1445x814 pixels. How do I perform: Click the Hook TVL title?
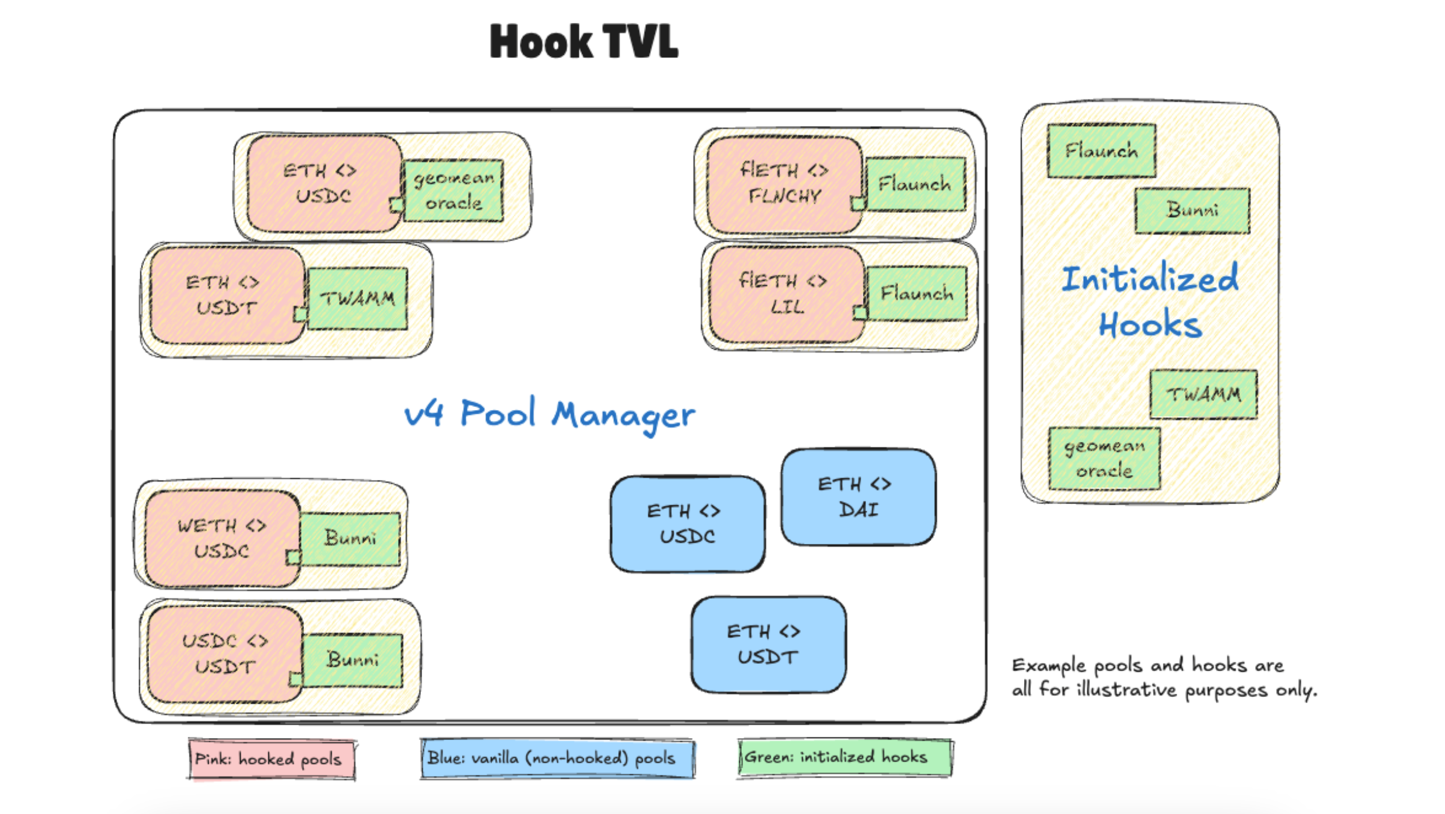[583, 42]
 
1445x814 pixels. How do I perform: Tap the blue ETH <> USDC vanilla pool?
[687, 523]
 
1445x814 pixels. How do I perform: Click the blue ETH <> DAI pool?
[858, 497]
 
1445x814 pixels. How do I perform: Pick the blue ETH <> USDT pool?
[768, 644]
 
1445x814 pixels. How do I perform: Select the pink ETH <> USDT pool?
[225, 295]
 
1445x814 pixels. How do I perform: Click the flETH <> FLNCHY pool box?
[783, 183]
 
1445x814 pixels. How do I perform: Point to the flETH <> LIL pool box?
[785, 294]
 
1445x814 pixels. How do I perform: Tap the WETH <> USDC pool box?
[221, 538]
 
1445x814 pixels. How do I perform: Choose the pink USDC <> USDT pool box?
[224, 654]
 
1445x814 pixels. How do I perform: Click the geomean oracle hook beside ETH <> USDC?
[454, 191]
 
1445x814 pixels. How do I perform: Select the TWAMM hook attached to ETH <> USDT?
[357, 298]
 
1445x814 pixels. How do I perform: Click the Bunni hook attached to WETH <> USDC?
[350, 538]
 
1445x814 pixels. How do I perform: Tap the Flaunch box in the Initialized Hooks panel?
[1101, 151]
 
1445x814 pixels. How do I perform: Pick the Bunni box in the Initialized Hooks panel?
[1192, 210]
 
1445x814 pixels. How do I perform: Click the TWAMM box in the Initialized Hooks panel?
[1203, 394]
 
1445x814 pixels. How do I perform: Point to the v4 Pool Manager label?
[549, 415]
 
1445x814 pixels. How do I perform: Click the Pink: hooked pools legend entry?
[271, 759]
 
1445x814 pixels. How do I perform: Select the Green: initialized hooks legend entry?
[844, 757]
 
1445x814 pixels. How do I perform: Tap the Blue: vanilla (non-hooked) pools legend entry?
[557, 758]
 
